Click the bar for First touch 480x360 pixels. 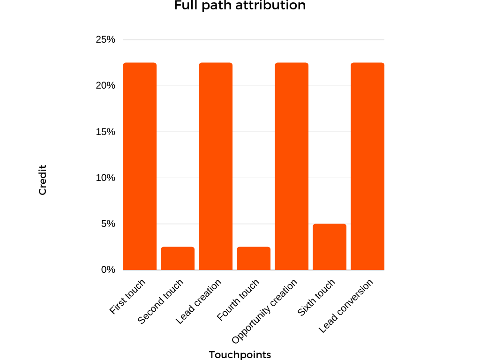tap(140, 166)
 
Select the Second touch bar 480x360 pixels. tap(178, 258)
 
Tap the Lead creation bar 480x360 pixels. tap(216, 166)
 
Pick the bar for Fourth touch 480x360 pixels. tap(254, 258)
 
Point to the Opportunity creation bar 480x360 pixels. tap(292, 166)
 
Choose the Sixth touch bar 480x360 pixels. tap(330, 247)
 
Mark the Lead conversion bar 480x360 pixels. tap(367, 166)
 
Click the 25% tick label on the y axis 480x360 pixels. tap(105, 40)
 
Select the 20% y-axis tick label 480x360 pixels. tap(105, 86)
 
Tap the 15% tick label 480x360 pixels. tap(105, 132)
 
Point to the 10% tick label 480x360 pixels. tap(105, 178)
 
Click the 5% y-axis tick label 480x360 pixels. tap(107, 224)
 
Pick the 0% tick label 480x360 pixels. tap(107, 270)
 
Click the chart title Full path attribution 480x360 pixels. tap(240, 6)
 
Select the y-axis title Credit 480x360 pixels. tap(43, 179)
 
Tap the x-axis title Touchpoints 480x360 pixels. tap(240, 354)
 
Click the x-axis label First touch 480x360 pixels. tap(127, 297)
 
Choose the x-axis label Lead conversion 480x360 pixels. tap(346, 306)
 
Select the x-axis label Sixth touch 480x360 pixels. tap(317, 298)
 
